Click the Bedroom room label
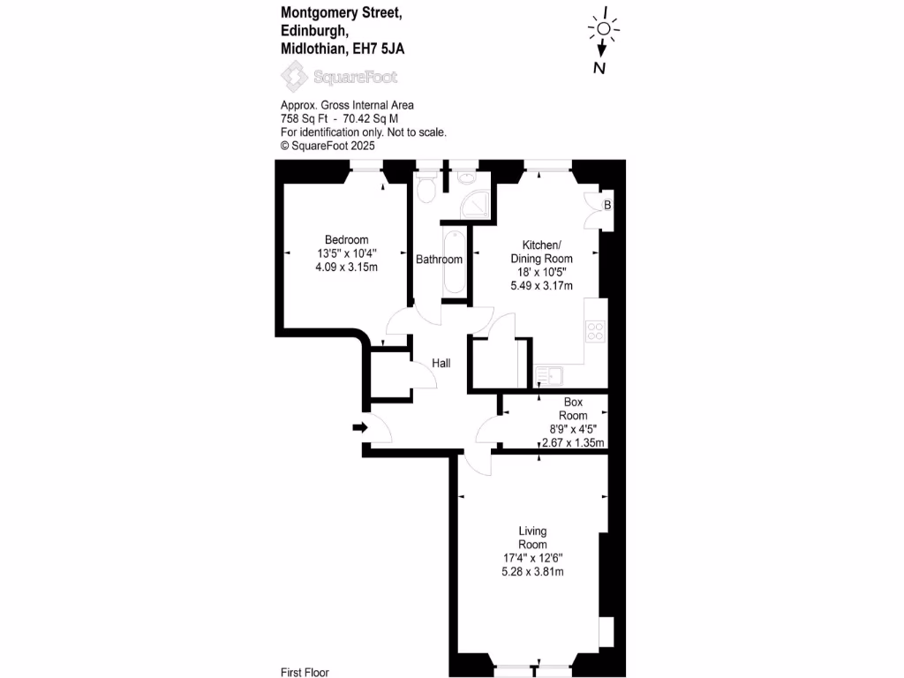click(x=346, y=240)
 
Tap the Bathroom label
click(x=439, y=260)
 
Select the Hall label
click(x=441, y=363)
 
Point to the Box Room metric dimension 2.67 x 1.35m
click(x=573, y=443)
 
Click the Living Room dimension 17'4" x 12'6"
click(x=532, y=558)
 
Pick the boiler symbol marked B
click(x=607, y=205)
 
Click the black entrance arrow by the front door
click(x=360, y=427)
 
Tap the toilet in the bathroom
click(x=426, y=188)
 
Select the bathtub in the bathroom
click(x=455, y=262)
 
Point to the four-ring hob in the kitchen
click(x=595, y=331)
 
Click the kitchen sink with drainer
click(x=549, y=376)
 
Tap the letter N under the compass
click(x=599, y=68)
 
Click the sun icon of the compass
click(x=604, y=29)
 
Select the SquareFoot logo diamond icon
click(x=295, y=77)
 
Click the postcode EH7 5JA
click(x=378, y=49)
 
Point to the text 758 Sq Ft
click(x=304, y=119)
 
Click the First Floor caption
click(x=305, y=672)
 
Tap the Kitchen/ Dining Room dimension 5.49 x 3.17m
click(x=541, y=286)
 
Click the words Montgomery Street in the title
click(x=342, y=12)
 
